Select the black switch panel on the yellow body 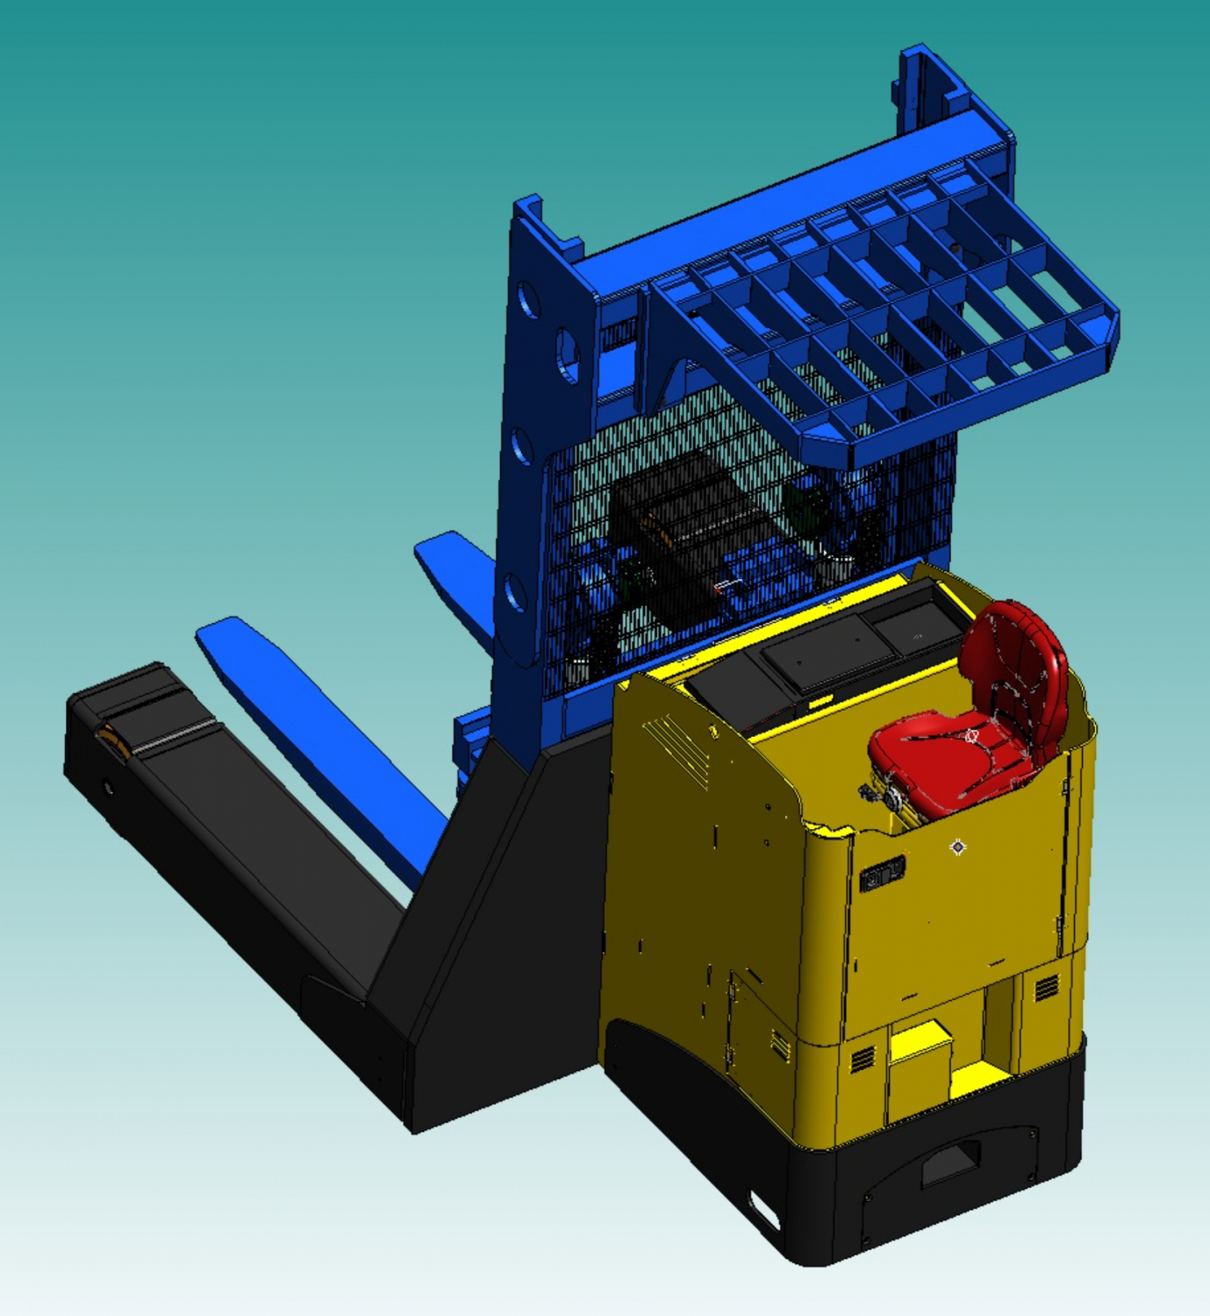point(882,875)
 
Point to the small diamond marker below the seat point(958,847)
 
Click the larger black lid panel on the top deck point(825,649)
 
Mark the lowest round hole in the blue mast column point(516,595)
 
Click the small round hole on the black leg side point(108,788)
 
